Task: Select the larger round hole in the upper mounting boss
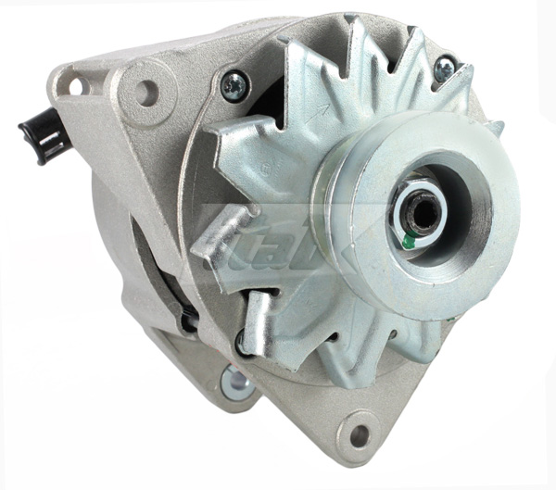145,92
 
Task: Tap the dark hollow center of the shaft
423,212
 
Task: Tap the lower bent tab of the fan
259,320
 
